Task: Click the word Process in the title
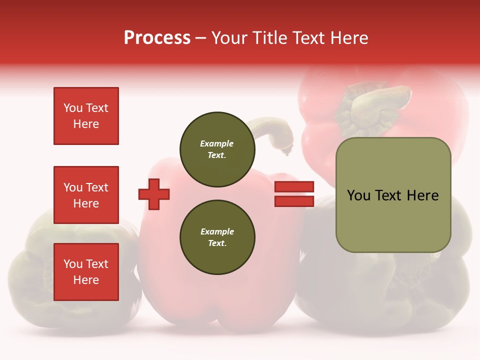pos(157,38)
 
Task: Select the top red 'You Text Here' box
pos(86,116)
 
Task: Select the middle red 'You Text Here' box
pos(86,195)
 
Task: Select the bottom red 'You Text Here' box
pos(86,271)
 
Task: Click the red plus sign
pos(154,194)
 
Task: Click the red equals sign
pos(294,194)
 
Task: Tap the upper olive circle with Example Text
pos(217,149)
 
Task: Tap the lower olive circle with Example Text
pos(217,237)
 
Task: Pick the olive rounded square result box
pos(393,195)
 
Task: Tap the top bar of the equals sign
pos(294,186)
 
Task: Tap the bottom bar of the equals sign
pos(294,201)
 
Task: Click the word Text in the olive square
pos(388,195)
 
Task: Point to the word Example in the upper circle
pos(216,143)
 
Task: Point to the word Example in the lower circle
pos(217,231)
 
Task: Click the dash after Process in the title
pos(200,38)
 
